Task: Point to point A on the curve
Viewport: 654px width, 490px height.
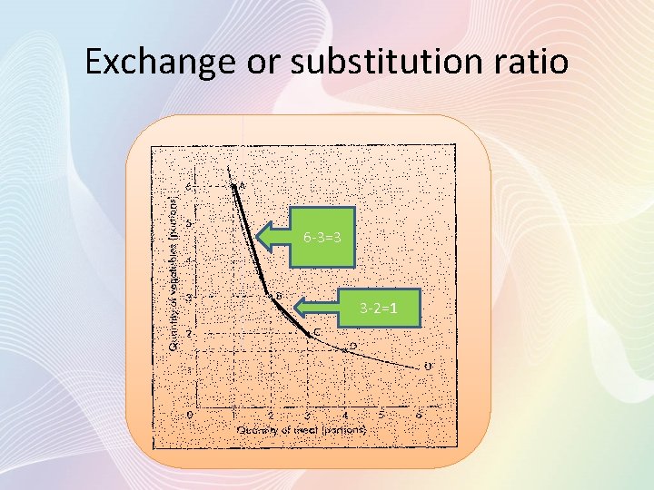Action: pyautogui.click(x=233, y=186)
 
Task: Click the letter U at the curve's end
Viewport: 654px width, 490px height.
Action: pyautogui.click(x=427, y=366)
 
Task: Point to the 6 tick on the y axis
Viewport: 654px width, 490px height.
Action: pyautogui.click(x=189, y=187)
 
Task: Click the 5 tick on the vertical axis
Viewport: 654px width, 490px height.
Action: pyautogui.click(x=189, y=222)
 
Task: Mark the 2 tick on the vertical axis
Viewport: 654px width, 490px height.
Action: pyautogui.click(x=189, y=334)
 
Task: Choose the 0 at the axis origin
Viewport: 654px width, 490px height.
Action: pyautogui.click(x=189, y=414)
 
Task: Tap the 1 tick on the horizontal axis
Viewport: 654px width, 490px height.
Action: pyautogui.click(x=233, y=414)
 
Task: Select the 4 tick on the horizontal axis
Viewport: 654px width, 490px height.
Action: pyautogui.click(x=344, y=414)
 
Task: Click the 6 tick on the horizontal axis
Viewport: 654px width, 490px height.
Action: pyautogui.click(x=418, y=414)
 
